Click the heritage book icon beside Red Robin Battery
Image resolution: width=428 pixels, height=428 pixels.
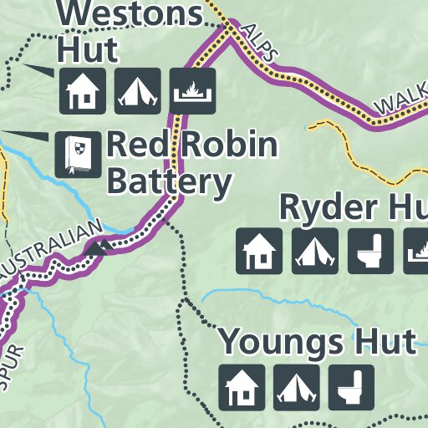[x=72, y=154]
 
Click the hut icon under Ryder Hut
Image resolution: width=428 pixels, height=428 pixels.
[x=259, y=251]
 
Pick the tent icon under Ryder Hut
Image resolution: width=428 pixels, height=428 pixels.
[x=314, y=251]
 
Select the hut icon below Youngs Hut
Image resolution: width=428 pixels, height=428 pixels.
[x=242, y=387]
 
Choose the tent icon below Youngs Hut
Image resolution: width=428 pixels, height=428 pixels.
[x=297, y=387]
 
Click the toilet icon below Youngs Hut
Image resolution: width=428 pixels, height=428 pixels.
[x=351, y=387]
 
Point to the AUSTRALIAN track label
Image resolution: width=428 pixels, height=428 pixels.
[x=52, y=251]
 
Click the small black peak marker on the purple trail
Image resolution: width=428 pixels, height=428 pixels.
[x=98, y=247]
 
